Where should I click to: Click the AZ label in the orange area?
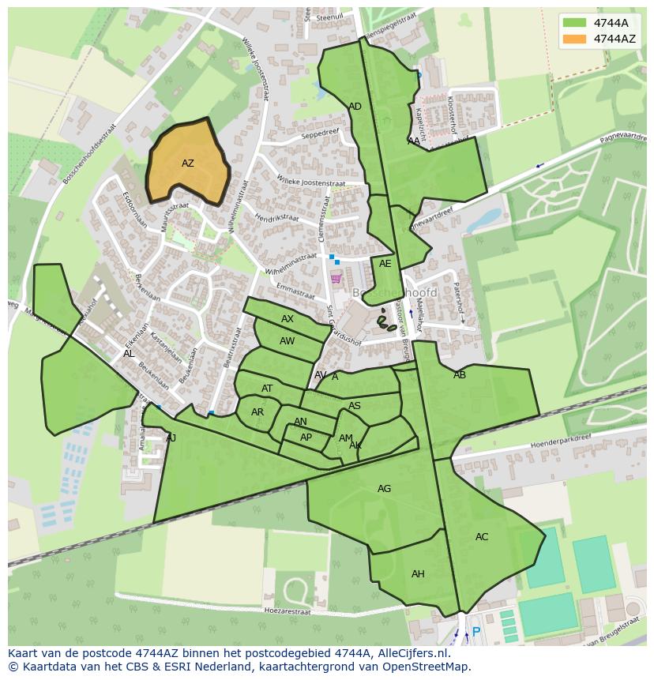click(x=187, y=163)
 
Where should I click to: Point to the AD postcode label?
click(x=355, y=107)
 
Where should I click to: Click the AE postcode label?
click(x=385, y=264)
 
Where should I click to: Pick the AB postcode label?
click(x=460, y=375)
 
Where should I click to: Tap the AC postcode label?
click(x=482, y=537)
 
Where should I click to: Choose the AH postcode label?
click(x=418, y=574)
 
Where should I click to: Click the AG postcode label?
click(x=384, y=489)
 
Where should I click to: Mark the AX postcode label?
click(x=288, y=319)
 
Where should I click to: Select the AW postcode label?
click(x=288, y=341)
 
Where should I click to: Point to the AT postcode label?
click(x=267, y=389)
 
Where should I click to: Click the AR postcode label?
click(x=257, y=412)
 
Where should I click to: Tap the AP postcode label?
click(x=306, y=438)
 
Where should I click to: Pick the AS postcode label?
click(x=355, y=406)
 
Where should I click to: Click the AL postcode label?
click(x=129, y=354)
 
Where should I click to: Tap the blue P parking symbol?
click(x=475, y=632)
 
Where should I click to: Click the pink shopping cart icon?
click(x=336, y=277)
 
